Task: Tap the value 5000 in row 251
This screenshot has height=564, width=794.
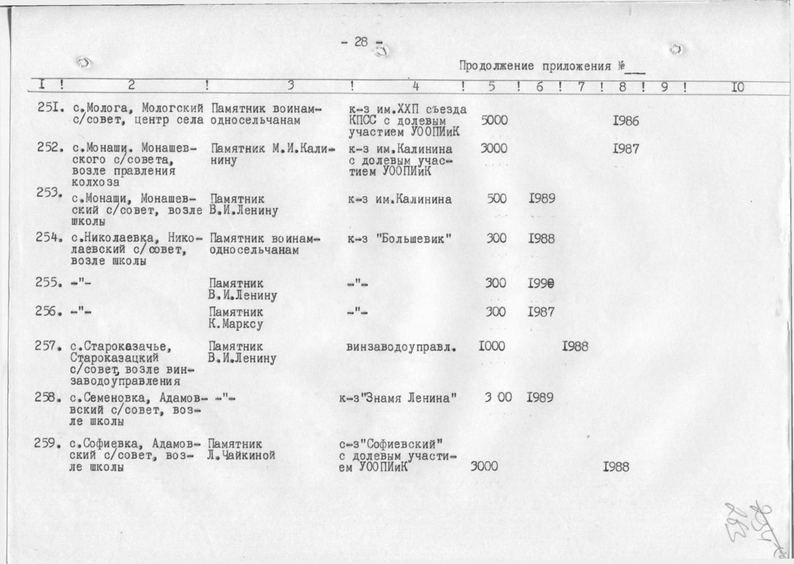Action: (x=494, y=122)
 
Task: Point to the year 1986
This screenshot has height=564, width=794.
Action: (x=625, y=122)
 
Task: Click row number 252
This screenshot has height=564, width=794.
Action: (x=50, y=148)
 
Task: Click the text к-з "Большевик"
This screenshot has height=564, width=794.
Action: (x=400, y=238)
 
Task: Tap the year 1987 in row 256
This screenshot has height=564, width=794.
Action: (x=541, y=311)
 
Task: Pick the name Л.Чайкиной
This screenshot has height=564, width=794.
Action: (x=242, y=456)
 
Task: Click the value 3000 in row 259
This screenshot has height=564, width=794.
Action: (x=484, y=466)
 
